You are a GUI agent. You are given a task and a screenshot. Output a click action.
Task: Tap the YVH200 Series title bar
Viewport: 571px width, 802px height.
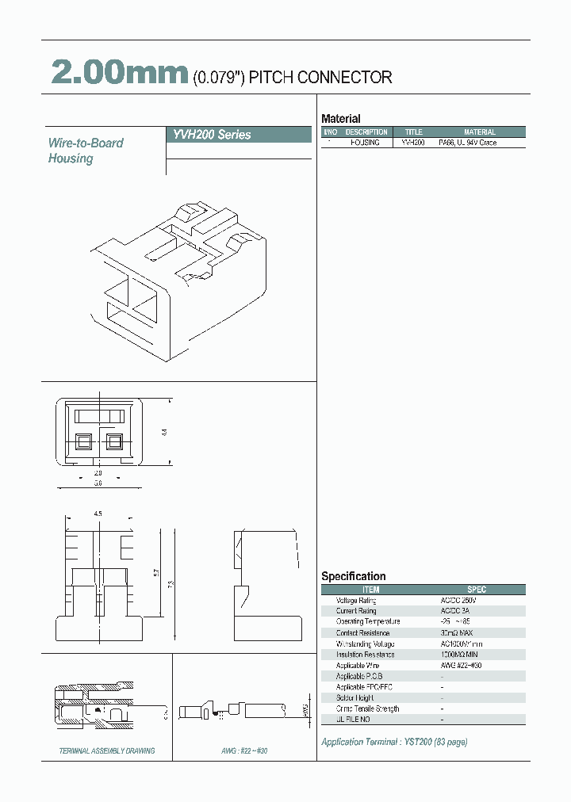(x=238, y=135)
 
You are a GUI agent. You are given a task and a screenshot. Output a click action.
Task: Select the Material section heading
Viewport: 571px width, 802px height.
(x=341, y=119)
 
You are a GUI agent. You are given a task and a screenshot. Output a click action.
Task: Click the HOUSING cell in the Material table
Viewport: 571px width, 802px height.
(x=366, y=143)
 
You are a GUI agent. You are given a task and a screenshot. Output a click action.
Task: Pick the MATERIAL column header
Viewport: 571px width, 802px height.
(x=479, y=132)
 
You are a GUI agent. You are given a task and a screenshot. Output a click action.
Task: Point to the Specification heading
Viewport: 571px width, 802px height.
(x=354, y=576)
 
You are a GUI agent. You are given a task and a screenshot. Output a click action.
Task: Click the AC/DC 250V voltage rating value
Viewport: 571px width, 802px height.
(x=458, y=601)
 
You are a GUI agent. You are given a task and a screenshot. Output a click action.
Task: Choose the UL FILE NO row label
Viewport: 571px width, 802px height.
(x=353, y=719)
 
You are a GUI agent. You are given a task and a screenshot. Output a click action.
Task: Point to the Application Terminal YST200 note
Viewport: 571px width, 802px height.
(x=394, y=742)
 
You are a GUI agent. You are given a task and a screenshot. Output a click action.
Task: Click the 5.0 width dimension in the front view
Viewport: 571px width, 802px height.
(x=98, y=482)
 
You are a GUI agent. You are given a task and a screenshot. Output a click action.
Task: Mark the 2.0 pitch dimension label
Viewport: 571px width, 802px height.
(x=98, y=472)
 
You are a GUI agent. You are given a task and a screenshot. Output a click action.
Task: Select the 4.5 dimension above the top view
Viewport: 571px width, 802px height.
(x=98, y=514)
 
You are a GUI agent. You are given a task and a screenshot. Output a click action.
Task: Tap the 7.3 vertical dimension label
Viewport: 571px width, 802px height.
(x=169, y=585)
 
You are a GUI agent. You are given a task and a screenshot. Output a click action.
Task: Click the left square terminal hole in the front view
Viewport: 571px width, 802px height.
(x=82, y=442)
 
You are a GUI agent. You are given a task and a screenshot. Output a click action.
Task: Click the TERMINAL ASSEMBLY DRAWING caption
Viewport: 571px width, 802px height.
(x=108, y=750)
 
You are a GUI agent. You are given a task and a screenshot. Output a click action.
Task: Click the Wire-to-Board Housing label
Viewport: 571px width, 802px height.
(x=85, y=151)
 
